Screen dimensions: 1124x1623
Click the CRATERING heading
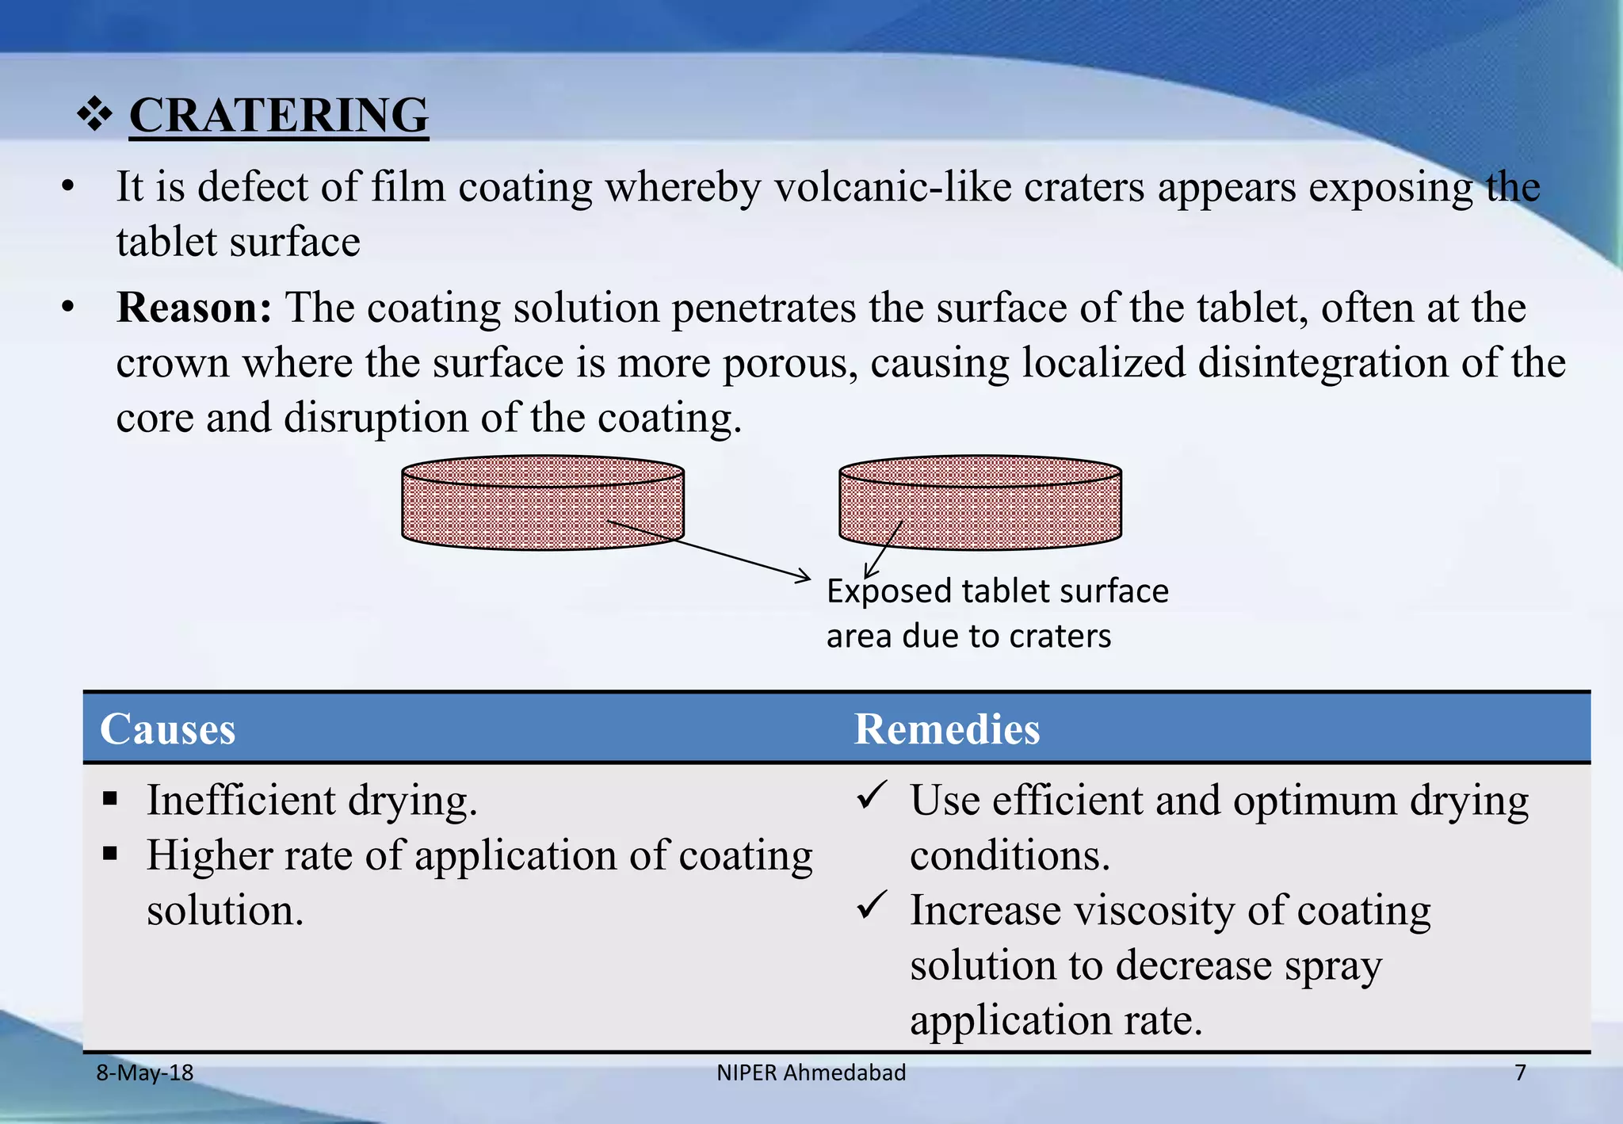coord(278,116)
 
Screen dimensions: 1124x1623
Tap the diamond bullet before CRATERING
coord(94,115)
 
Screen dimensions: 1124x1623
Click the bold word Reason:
coord(194,308)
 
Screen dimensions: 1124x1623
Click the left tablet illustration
coord(542,503)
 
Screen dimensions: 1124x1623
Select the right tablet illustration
coord(980,503)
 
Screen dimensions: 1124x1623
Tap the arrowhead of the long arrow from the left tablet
coord(805,577)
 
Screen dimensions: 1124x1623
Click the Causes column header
coord(167,729)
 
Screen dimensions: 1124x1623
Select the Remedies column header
coord(946,729)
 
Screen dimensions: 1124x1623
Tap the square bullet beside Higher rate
coord(110,854)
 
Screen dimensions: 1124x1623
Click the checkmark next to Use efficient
coord(872,795)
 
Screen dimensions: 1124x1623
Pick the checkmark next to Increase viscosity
coord(872,904)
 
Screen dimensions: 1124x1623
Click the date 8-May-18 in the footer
coord(144,1073)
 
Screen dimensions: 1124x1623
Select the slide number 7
coord(1520,1073)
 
